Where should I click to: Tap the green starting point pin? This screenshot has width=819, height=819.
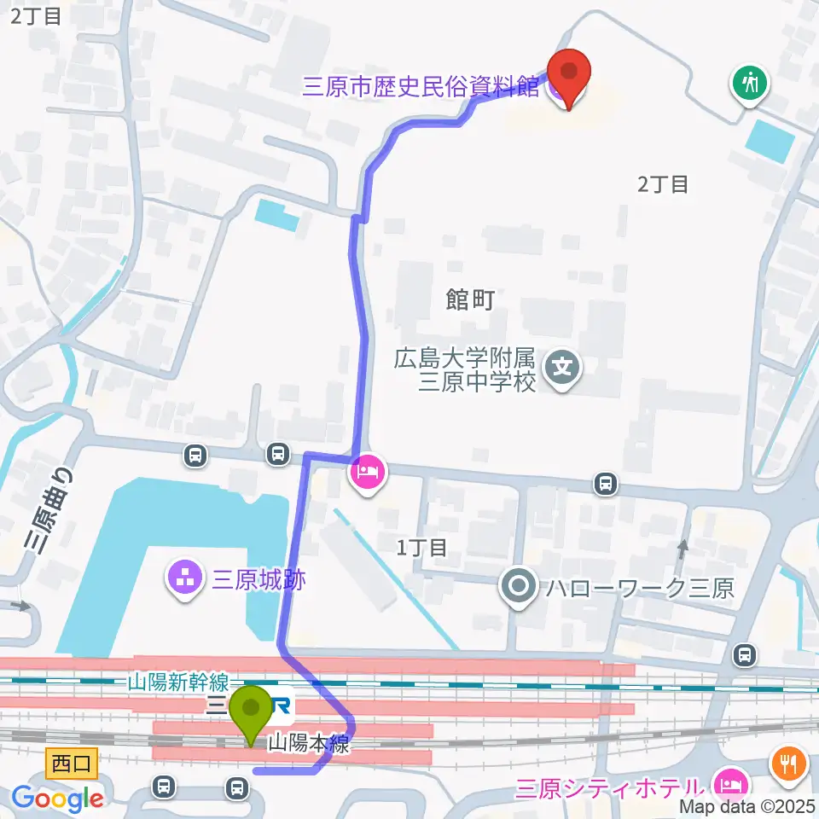253,712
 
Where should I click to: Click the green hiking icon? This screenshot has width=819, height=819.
750,83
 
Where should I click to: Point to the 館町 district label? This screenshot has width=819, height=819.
470,299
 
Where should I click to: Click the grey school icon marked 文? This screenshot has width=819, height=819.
562,369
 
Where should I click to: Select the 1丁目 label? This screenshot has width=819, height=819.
422,547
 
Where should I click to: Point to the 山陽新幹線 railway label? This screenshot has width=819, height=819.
178,682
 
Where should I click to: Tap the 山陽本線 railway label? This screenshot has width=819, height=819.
308,743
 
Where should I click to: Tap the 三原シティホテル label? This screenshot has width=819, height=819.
610,786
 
